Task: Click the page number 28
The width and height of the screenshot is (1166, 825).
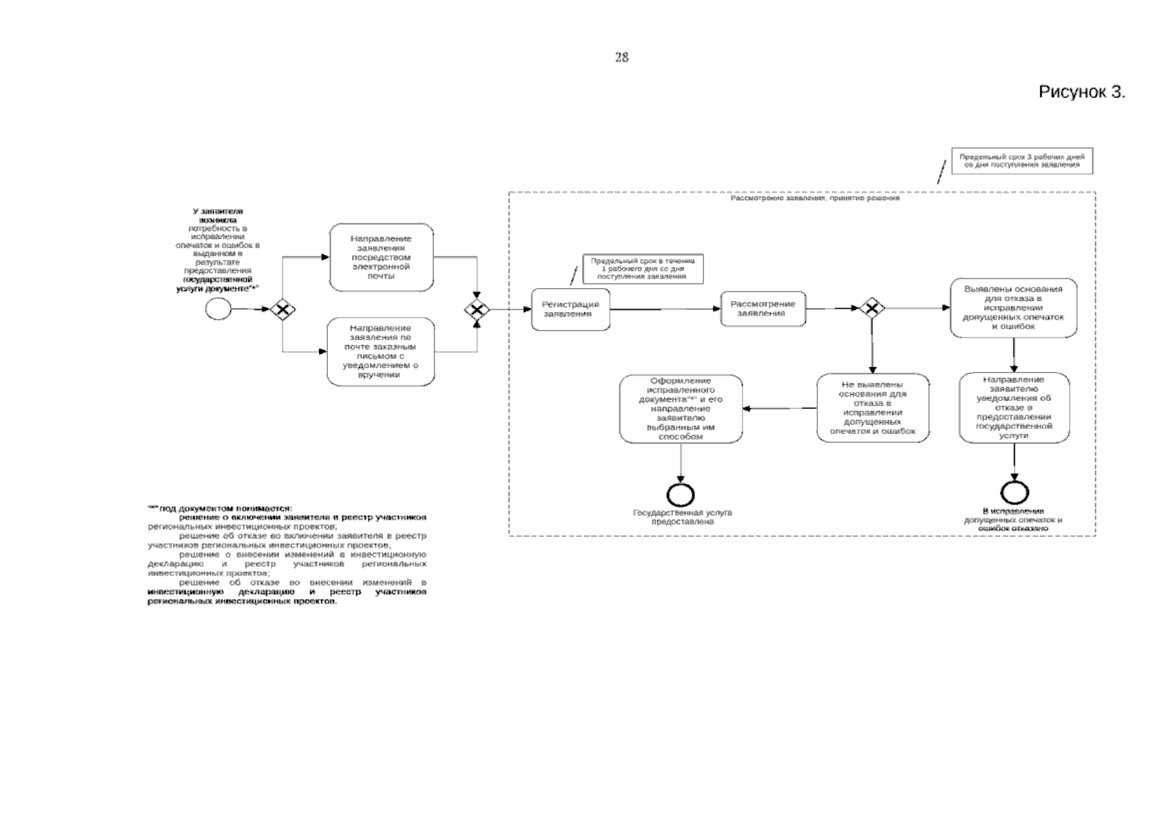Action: point(621,58)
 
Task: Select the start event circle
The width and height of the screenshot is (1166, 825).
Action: point(219,309)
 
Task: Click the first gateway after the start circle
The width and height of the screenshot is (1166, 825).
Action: point(282,309)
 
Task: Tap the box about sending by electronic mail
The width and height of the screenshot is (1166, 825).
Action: point(381,257)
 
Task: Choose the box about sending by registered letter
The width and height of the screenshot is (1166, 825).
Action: point(381,351)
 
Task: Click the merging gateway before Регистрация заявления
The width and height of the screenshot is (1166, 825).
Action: point(476,309)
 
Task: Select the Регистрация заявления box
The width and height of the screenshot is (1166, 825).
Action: point(570,309)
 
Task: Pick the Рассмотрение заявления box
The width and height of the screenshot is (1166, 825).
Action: point(762,309)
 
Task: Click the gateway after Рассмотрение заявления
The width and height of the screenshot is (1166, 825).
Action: point(872,308)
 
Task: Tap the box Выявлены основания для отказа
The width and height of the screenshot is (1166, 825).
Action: point(1013,307)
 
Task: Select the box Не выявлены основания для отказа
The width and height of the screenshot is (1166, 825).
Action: point(872,408)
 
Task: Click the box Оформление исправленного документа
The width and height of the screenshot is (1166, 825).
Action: point(681,408)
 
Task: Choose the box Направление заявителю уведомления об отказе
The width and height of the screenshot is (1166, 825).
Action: point(1014,408)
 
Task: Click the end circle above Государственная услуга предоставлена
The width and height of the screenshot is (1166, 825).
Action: point(681,494)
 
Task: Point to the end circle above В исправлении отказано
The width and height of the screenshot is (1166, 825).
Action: point(1014,492)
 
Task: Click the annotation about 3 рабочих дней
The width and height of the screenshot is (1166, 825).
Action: point(1022,161)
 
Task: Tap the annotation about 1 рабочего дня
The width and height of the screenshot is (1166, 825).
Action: point(643,269)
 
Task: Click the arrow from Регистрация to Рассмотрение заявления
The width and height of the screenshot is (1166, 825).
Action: point(665,309)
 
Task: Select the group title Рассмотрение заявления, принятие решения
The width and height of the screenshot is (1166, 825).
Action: point(815,199)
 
